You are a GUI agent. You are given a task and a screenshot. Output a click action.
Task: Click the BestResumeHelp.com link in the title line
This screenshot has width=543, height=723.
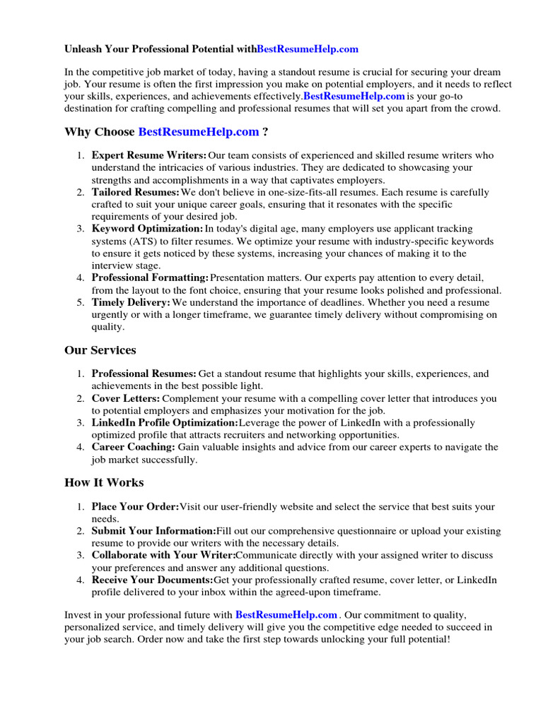coord(308,49)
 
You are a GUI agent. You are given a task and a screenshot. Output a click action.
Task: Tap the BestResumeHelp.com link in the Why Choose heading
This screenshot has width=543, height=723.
coord(199,131)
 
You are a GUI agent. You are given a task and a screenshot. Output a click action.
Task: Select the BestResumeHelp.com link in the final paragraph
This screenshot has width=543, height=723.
coord(286,615)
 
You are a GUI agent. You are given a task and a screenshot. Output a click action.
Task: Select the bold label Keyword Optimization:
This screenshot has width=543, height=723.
coord(147,229)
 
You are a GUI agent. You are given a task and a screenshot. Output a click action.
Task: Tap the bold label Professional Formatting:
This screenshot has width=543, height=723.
coord(150,278)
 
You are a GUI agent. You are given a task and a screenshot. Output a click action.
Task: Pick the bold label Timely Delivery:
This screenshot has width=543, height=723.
coord(131,302)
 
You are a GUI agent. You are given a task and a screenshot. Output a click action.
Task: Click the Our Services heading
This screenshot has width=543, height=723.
coord(100,350)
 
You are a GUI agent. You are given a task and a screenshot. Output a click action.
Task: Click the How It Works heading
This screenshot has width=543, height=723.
coord(103,483)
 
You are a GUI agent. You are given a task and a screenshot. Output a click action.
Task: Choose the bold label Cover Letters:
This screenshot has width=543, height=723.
coord(126,398)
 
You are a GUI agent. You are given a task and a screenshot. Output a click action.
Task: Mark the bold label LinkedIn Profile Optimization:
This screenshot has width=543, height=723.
coord(165,423)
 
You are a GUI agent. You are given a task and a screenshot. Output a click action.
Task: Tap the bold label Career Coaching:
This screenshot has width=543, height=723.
coord(133,447)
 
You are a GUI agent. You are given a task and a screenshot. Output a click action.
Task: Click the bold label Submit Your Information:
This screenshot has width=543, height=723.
coord(153,531)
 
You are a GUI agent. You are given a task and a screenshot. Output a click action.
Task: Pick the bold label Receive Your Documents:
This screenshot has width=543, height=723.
coord(152,580)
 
